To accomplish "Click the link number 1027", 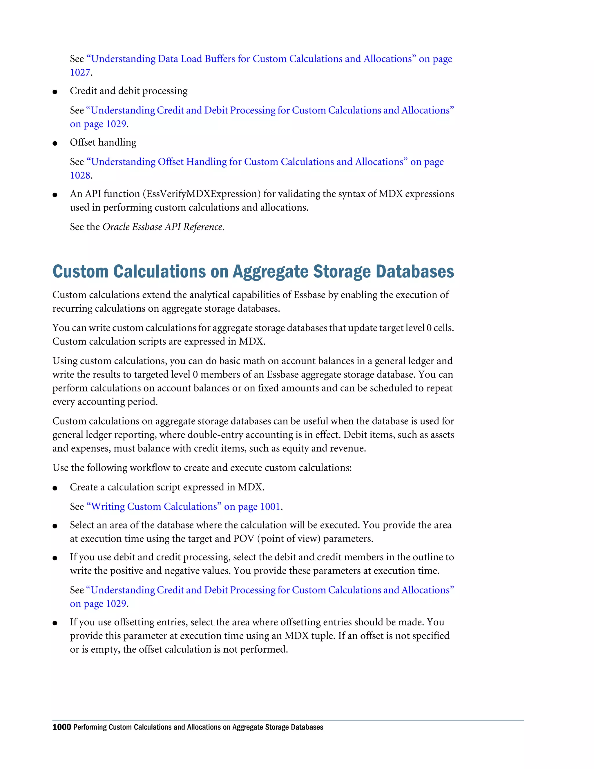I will pyautogui.click(x=80, y=73).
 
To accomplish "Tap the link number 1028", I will pyautogui.click(x=80, y=175).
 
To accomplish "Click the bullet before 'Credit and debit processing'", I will pyautogui.click(x=55, y=92).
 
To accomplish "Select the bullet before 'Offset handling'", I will pyautogui.click(x=55, y=143).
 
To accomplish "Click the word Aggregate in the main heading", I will pyautogui.click(x=271, y=272).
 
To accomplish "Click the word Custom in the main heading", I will pyautogui.click(x=80, y=272).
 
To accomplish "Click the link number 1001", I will pyautogui.click(x=270, y=507).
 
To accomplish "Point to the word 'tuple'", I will pyautogui.click(x=323, y=636).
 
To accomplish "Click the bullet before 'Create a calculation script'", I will pyautogui.click(x=55, y=488).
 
